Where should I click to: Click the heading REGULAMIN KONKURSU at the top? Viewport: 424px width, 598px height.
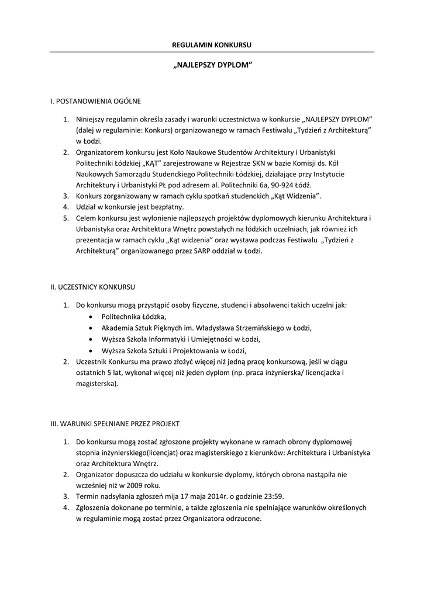pos(212,45)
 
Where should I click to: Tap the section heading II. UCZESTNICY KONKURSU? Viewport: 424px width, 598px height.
pos(93,287)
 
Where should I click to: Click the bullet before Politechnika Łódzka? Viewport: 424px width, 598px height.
pos(89,316)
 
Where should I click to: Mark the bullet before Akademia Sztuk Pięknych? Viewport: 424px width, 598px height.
pos(89,328)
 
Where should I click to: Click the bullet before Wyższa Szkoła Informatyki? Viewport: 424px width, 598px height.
pos(89,339)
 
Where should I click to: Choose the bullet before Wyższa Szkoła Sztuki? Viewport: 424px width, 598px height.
pos(89,351)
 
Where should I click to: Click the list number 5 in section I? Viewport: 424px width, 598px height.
pos(66,218)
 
